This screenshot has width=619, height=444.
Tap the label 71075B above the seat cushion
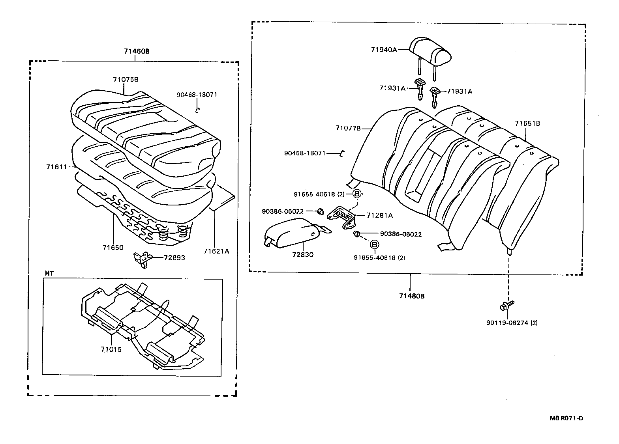click(126, 79)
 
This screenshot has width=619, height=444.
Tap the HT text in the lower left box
click(49, 273)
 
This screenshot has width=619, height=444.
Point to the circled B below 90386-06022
click(373, 244)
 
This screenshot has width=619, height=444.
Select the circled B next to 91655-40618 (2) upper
click(356, 194)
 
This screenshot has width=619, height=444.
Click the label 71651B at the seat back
click(527, 123)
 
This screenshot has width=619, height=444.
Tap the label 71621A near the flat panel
click(216, 251)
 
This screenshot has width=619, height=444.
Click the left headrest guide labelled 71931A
click(420, 89)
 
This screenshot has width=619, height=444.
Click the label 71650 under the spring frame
click(113, 248)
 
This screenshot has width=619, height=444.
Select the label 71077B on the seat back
click(348, 128)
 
